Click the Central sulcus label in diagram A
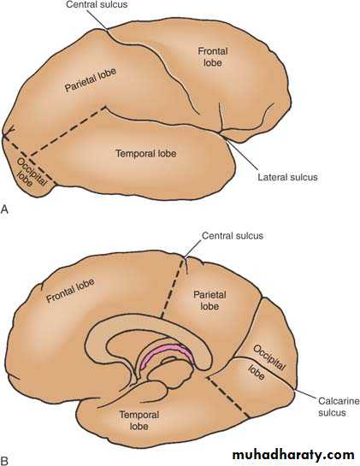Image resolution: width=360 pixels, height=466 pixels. (x=97, y=5)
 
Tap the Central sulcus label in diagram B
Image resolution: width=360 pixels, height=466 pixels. (x=233, y=236)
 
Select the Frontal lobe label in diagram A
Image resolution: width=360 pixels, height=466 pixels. (x=213, y=56)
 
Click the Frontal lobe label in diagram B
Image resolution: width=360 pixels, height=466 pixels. (x=71, y=291)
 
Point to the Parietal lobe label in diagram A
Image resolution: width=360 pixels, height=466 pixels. (x=91, y=80)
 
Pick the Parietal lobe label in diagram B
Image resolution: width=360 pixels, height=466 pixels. (x=210, y=300)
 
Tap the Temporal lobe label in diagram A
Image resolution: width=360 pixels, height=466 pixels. (x=146, y=154)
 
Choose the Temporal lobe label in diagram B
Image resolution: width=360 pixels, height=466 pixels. (x=139, y=420)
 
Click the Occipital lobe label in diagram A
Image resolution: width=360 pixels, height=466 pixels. (x=29, y=173)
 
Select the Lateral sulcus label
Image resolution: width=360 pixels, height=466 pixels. (x=287, y=178)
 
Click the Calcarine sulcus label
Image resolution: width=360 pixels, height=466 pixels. (x=339, y=407)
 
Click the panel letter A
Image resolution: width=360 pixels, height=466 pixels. (x=4, y=209)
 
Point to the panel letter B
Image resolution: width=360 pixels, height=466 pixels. (x=4, y=461)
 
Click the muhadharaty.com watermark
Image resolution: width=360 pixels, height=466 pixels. (x=293, y=455)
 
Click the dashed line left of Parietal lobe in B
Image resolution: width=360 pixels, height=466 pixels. (x=172, y=288)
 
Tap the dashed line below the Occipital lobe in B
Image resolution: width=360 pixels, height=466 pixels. (x=227, y=397)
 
